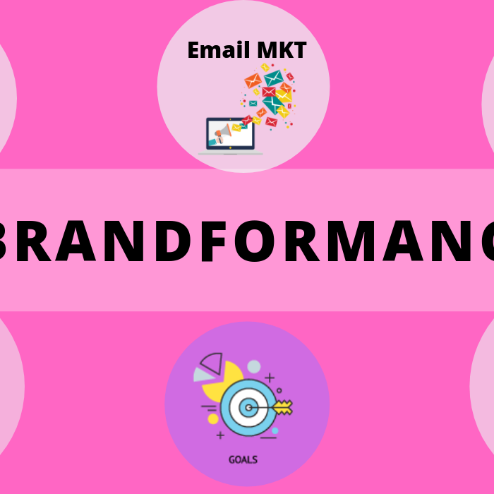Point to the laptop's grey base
pos(230,152)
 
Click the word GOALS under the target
pos(243,459)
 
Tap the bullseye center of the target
pos(247,406)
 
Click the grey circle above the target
pos(253,366)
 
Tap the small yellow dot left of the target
pos(213,418)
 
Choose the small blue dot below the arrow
pos(275,430)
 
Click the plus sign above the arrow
pos(270,378)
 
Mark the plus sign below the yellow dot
pos(221,435)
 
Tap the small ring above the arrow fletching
pos(279,390)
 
